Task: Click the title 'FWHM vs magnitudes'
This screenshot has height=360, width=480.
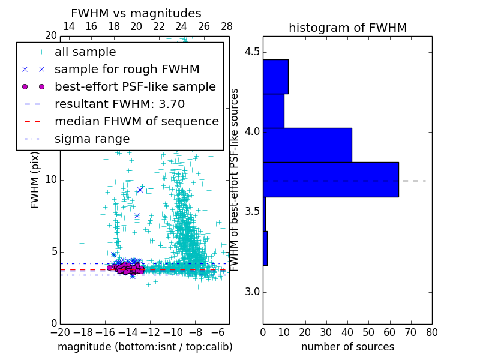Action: [x=136, y=13]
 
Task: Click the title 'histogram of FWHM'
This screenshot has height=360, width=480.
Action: [x=347, y=28]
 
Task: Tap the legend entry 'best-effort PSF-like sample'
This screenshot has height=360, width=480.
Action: [x=135, y=87]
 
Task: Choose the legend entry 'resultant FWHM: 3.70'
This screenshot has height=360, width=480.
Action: [x=119, y=104]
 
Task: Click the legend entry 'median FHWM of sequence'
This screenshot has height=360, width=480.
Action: [x=137, y=122]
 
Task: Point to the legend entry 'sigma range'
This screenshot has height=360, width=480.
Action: [x=92, y=139]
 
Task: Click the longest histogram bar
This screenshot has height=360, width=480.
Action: [x=331, y=179]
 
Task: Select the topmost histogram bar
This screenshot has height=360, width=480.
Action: [x=275, y=76]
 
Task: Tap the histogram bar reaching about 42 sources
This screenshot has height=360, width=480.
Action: [x=307, y=145]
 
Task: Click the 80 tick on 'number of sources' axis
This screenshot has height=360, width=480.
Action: [x=431, y=331]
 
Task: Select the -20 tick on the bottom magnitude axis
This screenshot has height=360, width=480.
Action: [x=60, y=331]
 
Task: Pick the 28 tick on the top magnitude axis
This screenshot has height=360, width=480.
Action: [x=227, y=26]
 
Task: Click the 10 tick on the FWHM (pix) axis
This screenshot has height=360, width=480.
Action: [x=51, y=180]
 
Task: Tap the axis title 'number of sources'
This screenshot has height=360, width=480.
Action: [x=347, y=347]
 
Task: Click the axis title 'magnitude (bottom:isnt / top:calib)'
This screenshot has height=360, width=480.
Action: [x=145, y=347]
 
